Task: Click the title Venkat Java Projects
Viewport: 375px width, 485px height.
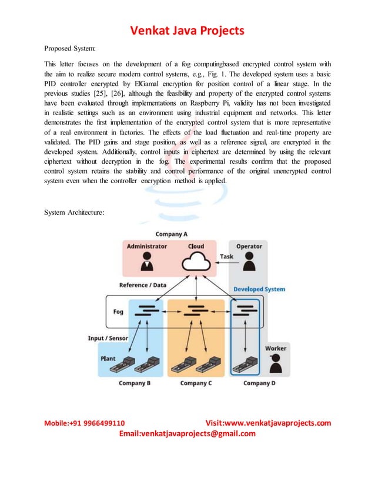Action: (187, 30)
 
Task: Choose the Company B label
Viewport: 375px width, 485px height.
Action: (135, 383)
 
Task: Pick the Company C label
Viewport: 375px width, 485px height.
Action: (196, 383)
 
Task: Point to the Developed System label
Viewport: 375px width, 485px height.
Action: (259, 289)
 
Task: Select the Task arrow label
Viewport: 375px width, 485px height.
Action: (226, 257)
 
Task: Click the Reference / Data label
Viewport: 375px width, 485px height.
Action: (143, 285)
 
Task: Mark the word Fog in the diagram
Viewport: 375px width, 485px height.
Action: (118, 312)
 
